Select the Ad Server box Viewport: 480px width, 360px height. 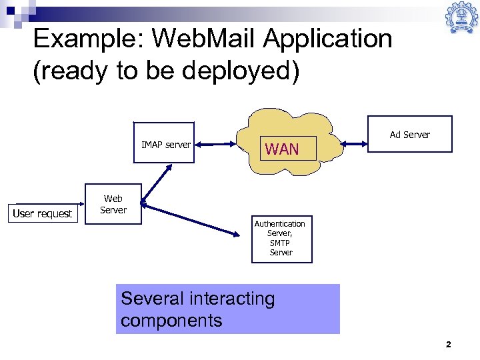click(409, 135)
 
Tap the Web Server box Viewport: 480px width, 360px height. click(113, 204)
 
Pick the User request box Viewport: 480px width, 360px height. click(43, 213)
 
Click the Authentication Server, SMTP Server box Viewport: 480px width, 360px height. click(281, 239)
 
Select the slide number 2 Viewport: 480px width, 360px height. click(448, 345)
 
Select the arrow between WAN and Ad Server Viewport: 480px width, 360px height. click(354, 141)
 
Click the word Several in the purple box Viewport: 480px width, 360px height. click(152, 298)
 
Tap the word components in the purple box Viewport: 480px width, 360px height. click(171, 320)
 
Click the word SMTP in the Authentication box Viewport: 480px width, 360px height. click(281, 243)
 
